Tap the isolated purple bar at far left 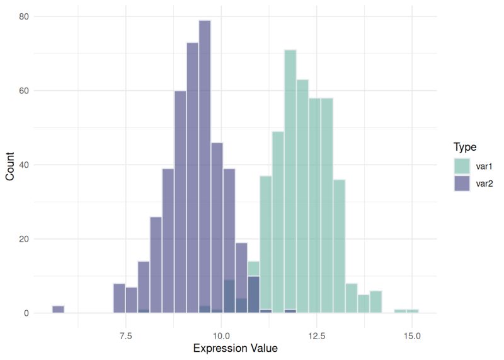pos(58,310)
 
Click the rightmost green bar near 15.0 pos(412,311)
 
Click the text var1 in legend pos(486,166)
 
